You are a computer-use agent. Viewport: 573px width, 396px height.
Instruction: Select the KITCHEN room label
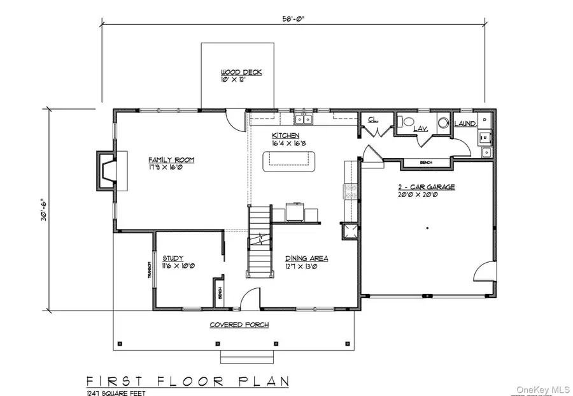286,136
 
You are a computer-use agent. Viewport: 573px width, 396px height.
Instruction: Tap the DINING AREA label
306,258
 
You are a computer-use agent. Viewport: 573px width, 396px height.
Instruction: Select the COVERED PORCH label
239,325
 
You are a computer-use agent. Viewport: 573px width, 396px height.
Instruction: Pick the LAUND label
464,123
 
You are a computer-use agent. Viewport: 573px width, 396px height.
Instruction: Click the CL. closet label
371,119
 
